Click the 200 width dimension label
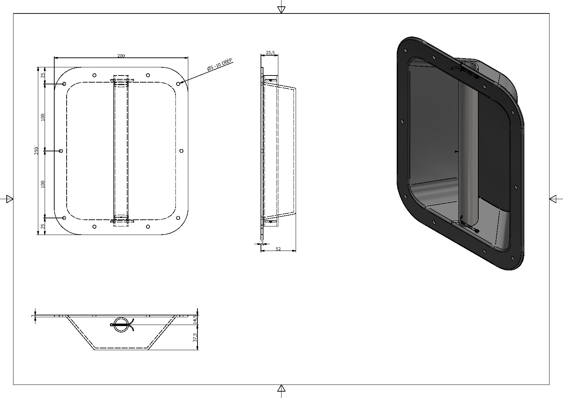[x=121, y=56]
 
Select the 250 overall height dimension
[x=36, y=151]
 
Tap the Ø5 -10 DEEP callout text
[x=220, y=64]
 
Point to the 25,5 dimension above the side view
[x=270, y=52]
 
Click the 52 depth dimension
[x=278, y=249]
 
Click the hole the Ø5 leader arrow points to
[x=178, y=84]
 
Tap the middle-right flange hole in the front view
[x=182, y=151]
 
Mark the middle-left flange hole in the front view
[x=61, y=151]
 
